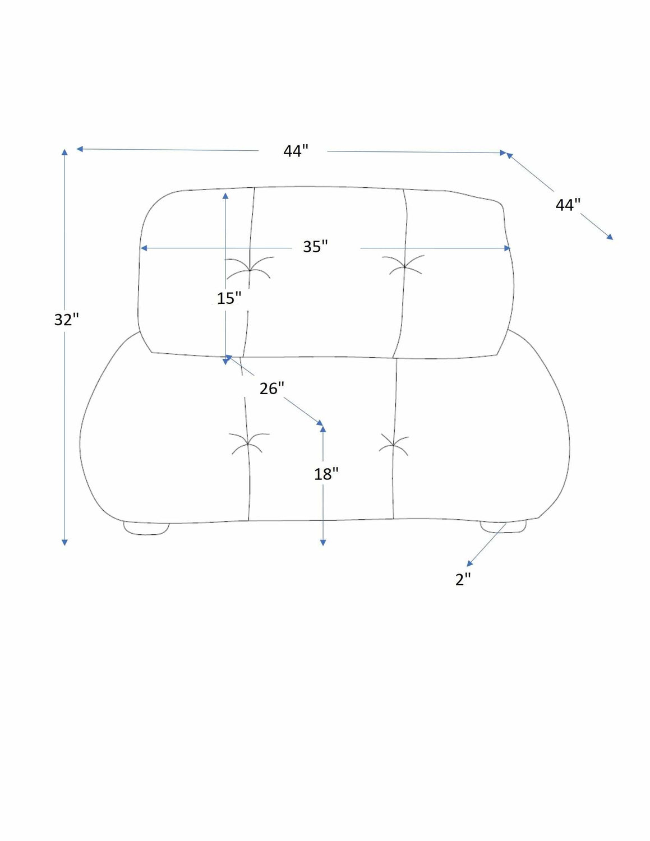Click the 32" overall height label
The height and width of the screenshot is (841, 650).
[66, 320]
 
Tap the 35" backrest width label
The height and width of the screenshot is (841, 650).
[315, 246]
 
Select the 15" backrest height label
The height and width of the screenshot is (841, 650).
[229, 298]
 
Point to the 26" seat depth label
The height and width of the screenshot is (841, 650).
[272, 388]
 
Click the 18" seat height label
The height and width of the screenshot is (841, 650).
[326, 474]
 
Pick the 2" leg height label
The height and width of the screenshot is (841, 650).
[463, 579]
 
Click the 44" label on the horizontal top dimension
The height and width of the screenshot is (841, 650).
[296, 151]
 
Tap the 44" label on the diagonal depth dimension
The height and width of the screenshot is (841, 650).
[568, 204]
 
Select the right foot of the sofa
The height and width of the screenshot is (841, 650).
[503, 526]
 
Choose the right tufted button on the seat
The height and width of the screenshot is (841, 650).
[393, 445]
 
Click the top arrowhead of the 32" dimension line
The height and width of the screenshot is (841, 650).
[64, 152]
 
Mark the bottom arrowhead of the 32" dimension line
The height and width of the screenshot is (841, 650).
[64, 542]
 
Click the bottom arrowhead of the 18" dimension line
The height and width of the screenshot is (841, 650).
[323, 542]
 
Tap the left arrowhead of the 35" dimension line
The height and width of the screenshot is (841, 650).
[144, 248]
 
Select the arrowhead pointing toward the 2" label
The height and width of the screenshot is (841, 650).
[469, 563]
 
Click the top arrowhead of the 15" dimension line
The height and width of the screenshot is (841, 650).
[225, 196]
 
